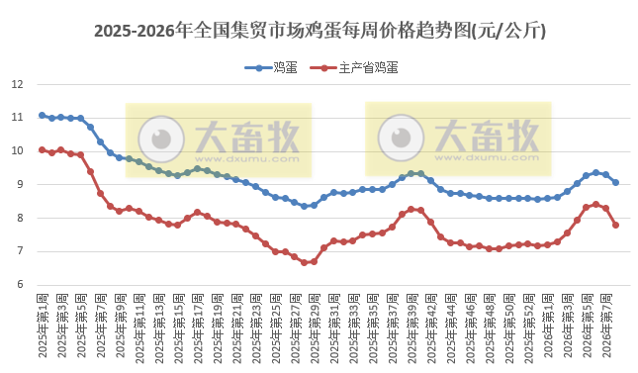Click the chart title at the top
(319, 31)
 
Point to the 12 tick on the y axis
(17, 84)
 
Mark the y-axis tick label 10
(17, 151)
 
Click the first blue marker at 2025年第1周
(42, 115)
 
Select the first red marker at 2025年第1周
(42, 149)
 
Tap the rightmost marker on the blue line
(615, 182)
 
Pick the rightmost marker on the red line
(615, 225)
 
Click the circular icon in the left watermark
(159, 138)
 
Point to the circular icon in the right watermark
(402, 138)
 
